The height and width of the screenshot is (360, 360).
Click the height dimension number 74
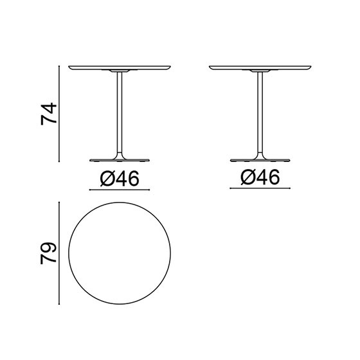coord(48,114)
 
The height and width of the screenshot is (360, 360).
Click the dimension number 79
coord(48,253)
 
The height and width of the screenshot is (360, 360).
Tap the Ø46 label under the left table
coord(120,179)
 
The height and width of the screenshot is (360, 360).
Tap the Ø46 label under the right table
coord(260,177)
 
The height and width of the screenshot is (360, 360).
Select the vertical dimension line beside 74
coord(59,114)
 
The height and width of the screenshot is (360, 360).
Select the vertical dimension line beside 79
coord(59,253)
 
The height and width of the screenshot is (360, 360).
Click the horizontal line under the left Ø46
coord(120,190)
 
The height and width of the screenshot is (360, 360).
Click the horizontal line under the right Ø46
coord(260,188)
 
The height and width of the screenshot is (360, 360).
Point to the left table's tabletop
coord(120,67)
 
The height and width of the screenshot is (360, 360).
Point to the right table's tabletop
coord(260,67)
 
